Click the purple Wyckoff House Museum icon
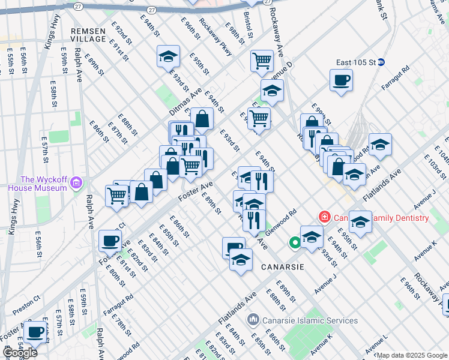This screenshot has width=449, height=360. pos(76,182)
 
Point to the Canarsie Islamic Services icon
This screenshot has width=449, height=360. pos(253,320)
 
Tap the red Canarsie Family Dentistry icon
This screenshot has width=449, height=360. pos(324,217)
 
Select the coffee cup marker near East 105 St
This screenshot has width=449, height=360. pos(341,80)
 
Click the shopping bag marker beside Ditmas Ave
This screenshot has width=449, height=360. pos(203,119)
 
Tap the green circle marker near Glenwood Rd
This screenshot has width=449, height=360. pos(294,243)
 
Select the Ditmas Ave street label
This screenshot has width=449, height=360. pos(185,103)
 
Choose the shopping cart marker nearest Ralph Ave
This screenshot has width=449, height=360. pos(116,195)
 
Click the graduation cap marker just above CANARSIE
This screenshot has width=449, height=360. pos(241,261)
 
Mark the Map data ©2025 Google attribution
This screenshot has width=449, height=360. pos(412,355)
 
